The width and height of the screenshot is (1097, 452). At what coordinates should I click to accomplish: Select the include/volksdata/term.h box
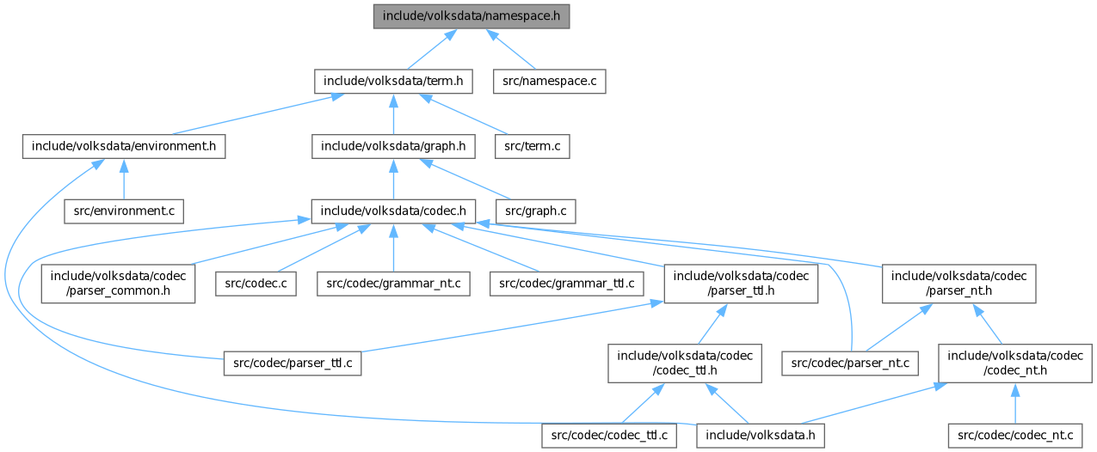[393, 82]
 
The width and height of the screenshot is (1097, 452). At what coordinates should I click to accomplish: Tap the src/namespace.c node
[549, 82]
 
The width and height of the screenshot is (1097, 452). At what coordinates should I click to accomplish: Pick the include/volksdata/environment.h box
[124, 146]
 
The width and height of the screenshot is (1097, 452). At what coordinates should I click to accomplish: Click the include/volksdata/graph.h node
[393, 146]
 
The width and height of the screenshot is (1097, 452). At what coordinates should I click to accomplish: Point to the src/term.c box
[532, 146]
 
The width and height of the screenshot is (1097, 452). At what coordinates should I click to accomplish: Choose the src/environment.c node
[124, 211]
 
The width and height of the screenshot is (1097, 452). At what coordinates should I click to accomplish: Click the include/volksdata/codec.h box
[393, 211]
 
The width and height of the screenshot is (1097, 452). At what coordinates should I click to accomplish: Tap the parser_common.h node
[118, 283]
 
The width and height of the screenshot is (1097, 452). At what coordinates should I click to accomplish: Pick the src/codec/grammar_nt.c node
[393, 283]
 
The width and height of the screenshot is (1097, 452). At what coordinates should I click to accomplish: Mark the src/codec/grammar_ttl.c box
[567, 283]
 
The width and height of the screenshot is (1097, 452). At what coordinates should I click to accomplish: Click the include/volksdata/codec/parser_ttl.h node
[741, 283]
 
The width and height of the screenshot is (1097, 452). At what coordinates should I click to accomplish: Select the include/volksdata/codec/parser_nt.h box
[958, 283]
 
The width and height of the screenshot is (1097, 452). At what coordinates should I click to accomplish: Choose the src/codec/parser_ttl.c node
[292, 363]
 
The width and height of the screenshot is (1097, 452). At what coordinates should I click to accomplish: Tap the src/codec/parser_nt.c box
[850, 363]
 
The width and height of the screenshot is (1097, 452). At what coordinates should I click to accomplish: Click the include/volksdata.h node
[761, 436]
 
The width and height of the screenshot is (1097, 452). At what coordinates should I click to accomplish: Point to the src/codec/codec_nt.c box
[1014, 436]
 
